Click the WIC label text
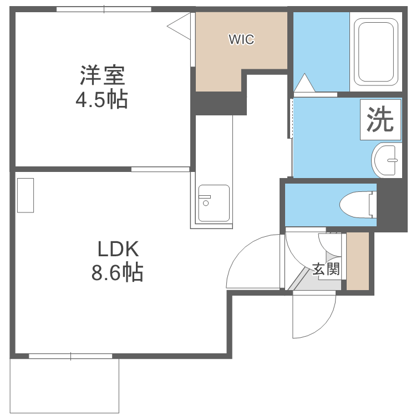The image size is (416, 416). pos(241,39)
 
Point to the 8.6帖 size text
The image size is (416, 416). pos(118,272)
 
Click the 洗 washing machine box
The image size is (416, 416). pos(381,119)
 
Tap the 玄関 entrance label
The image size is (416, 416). pos(326,270)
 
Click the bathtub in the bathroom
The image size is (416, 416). pos(378,51)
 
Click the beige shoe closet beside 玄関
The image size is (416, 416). pos(358,261)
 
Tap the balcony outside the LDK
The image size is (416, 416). pos(64,385)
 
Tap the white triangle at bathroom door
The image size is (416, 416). pos(303,83)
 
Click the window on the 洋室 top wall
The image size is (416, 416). pos(104,9)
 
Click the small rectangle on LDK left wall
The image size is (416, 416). pos(26,195)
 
